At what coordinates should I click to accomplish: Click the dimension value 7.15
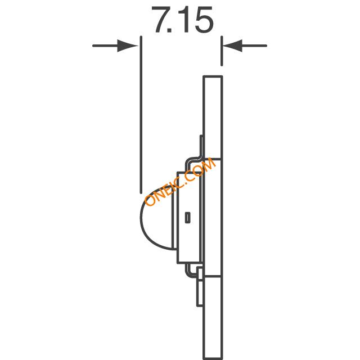point(182,20)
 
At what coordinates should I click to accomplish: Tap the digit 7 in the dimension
point(161,20)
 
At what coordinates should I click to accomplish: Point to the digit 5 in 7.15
point(204,20)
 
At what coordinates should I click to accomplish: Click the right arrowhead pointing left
point(232,46)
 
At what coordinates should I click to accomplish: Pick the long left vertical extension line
point(141,115)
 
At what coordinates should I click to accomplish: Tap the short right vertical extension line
point(222,51)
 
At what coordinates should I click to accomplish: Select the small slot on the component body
point(187,218)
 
